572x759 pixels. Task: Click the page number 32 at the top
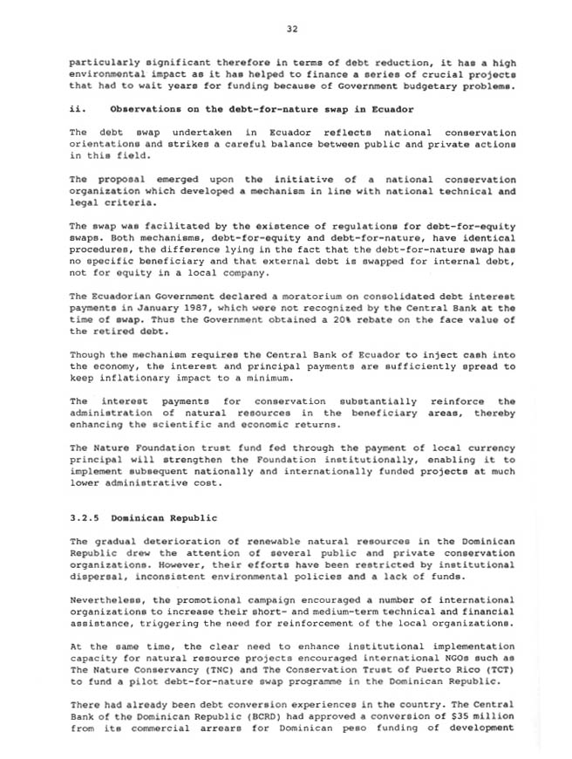[x=292, y=29]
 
